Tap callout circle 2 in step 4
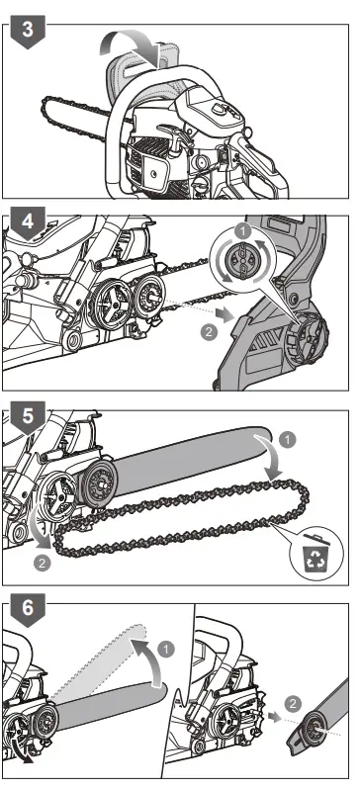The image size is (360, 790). point(209,333)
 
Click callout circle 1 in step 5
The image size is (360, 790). point(287,438)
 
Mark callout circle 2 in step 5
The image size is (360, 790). point(42,565)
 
